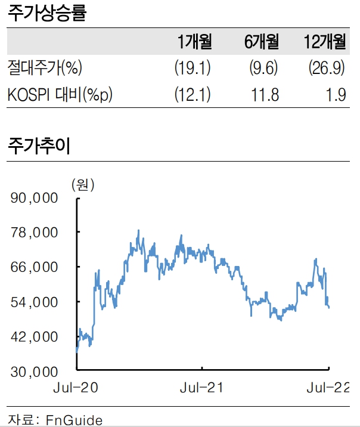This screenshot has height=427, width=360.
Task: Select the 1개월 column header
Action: pyautogui.click(x=194, y=42)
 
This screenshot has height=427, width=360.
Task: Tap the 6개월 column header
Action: pyautogui.click(x=262, y=42)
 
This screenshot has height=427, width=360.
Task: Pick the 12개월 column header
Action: pyautogui.click(x=324, y=42)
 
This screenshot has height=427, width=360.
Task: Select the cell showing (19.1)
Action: pyautogui.click(x=193, y=68)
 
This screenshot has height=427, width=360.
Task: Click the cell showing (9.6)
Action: pyautogui.click(x=264, y=68)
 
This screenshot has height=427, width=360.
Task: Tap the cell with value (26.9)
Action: pyautogui.click(x=327, y=68)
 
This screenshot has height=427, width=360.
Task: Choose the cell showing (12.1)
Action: pyautogui.click(x=193, y=95)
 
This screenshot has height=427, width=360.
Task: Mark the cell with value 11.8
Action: pyautogui.click(x=266, y=95)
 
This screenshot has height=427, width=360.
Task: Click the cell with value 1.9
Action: pyautogui.click(x=337, y=95)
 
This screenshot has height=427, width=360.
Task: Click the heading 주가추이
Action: pyautogui.click(x=39, y=146)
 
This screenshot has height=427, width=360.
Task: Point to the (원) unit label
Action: pyautogui.click(x=83, y=185)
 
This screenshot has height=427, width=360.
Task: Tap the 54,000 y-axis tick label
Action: pyautogui.click(x=34, y=302)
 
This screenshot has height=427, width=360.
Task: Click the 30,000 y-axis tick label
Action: pyautogui.click(x=34, y=372)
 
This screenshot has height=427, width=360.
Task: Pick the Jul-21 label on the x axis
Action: pyautogui.click(x=201, y=388)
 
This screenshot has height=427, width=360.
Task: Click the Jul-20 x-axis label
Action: pyautogui.click(x=76, y=388)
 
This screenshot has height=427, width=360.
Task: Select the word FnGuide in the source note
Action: pyautogui.click(x=74, y=419)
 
